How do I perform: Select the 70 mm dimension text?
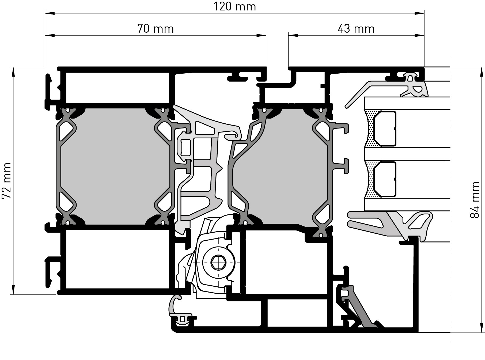(x=156, y=29)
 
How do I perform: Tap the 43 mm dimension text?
(x=356, y=29)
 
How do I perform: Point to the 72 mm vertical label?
(x=6, y=180)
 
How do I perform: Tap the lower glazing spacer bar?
(x=385, y=179)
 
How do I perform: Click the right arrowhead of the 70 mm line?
(x=261, y=35)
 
